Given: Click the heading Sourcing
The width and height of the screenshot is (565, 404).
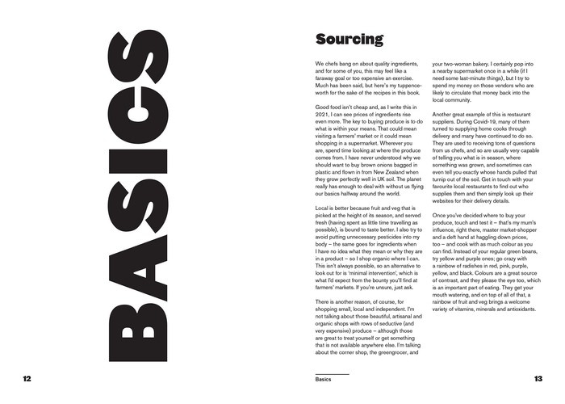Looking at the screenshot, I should (349, 40).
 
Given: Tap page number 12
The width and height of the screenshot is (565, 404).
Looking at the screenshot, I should (28, 378).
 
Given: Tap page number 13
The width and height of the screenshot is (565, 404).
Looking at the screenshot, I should (538, 378).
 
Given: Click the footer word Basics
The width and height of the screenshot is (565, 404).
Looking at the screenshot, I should (324, 378).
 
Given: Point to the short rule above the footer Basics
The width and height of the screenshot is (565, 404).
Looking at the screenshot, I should (332, 373).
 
